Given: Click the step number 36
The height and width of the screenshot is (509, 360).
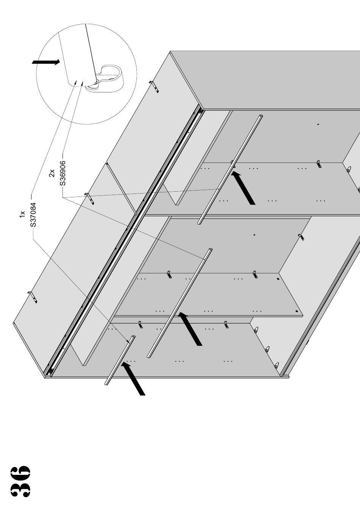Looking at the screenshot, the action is click(x=20, y=481).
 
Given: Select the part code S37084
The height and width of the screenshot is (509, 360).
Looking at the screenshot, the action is click(x=33, y=214).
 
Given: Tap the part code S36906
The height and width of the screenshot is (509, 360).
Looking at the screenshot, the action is click(x=63, y=173).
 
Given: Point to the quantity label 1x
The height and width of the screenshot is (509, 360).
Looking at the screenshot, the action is click(x=22, y=214).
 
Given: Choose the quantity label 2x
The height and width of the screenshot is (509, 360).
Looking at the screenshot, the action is click(x=52, y=173).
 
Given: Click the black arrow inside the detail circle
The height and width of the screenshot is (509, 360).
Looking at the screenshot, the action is click(x=46, y=62).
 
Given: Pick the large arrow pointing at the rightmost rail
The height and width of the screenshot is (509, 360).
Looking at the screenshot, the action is click(x=243, y=188).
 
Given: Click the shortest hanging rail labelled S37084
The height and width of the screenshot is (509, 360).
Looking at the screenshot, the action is click(x=119, y=360).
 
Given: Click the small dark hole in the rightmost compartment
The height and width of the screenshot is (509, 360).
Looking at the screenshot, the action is click(x=318, y=124).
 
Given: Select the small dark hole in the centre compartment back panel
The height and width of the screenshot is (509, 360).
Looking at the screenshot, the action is click(x=254, y=235).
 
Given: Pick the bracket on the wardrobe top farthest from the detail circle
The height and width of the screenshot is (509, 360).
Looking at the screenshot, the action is click(x=33, y=297).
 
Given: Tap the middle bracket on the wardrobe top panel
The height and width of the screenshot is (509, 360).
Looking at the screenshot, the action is click(x=89, y=198).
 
